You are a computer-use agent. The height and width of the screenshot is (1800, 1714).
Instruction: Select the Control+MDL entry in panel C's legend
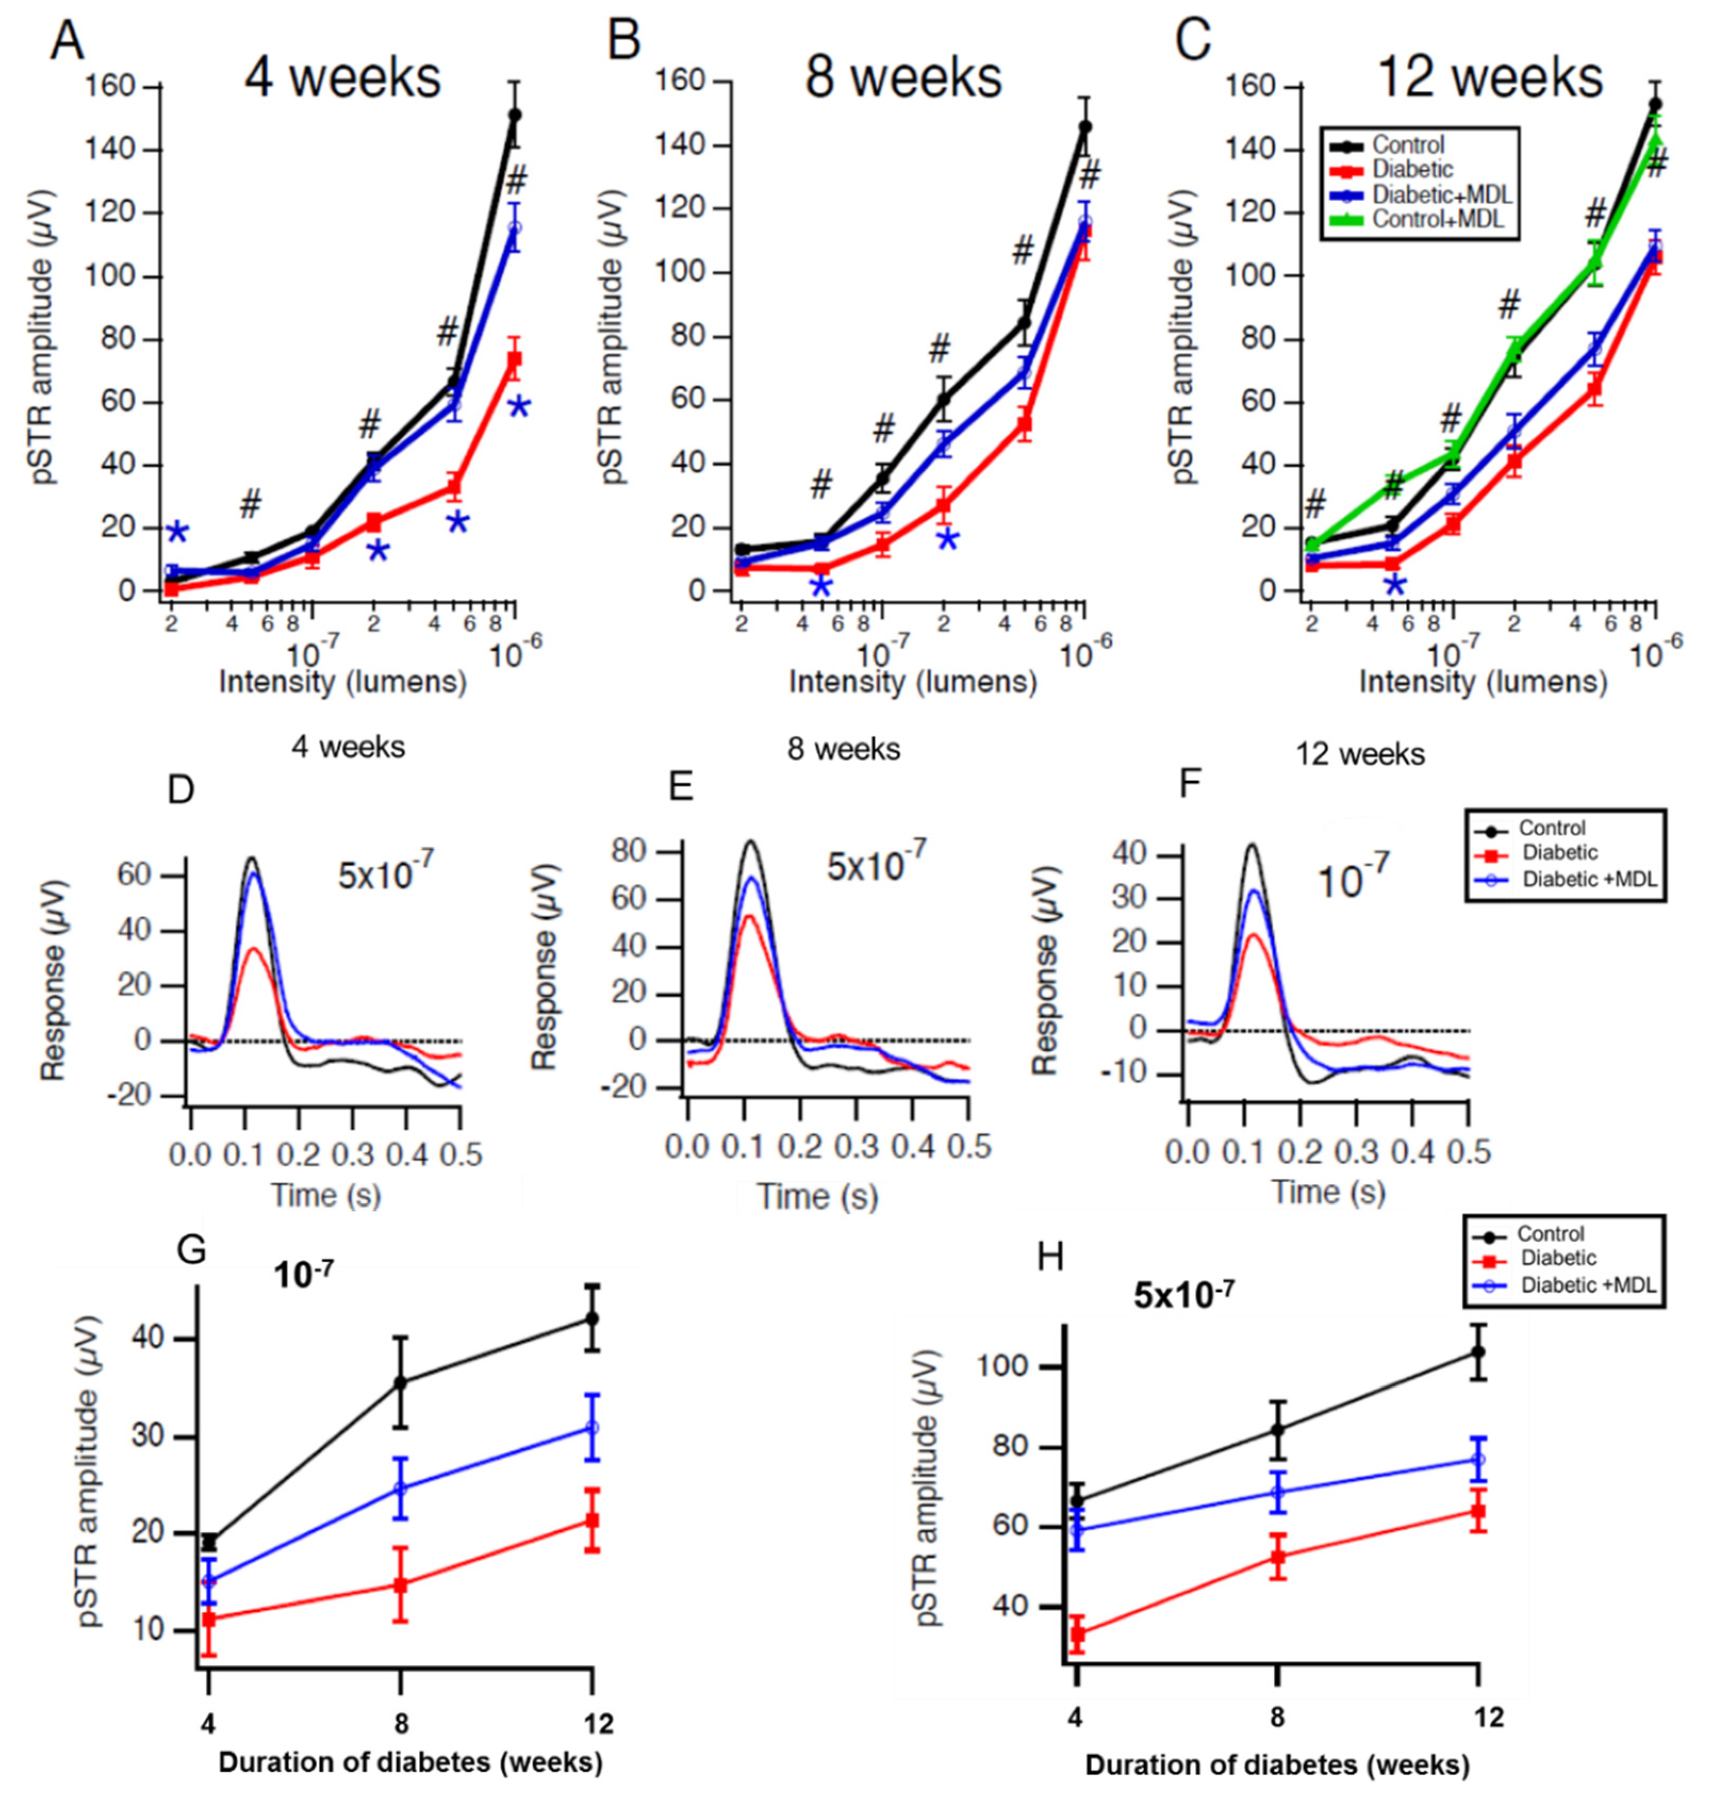(1439, 219)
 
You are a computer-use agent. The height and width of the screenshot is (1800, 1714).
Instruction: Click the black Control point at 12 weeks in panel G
(592, 1318)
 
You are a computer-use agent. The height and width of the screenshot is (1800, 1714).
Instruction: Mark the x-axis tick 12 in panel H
(1488, 1717)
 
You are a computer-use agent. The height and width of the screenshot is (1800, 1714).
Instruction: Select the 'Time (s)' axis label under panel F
(1329, 1192)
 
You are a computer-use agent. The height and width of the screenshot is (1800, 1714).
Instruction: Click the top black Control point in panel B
(1084, 126)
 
